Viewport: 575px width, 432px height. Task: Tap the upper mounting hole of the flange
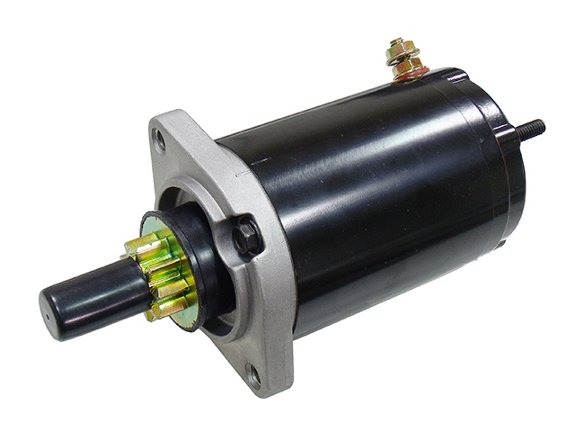click(x=161, y=139)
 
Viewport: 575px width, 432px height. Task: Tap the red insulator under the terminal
click(x=411, y=76)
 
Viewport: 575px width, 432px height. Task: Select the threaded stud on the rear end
click(x=535, y=127)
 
